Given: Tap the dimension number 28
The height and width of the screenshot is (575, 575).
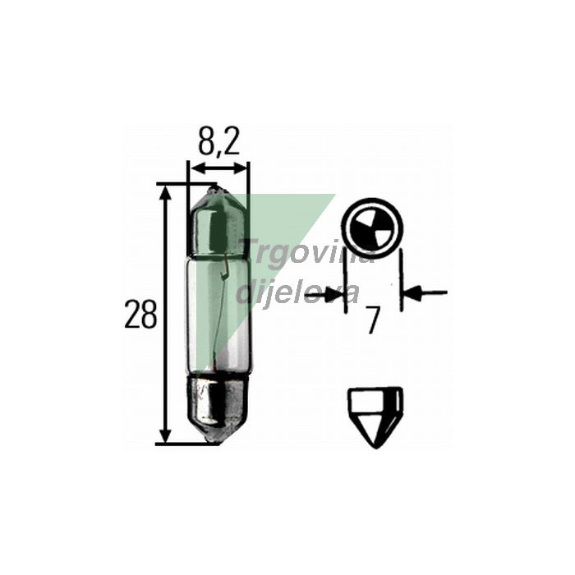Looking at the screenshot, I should pos(140,315).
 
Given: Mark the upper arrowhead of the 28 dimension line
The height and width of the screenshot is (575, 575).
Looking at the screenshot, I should pos(167,191).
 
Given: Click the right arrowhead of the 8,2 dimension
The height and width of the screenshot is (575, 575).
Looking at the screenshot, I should pos(242,168).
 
